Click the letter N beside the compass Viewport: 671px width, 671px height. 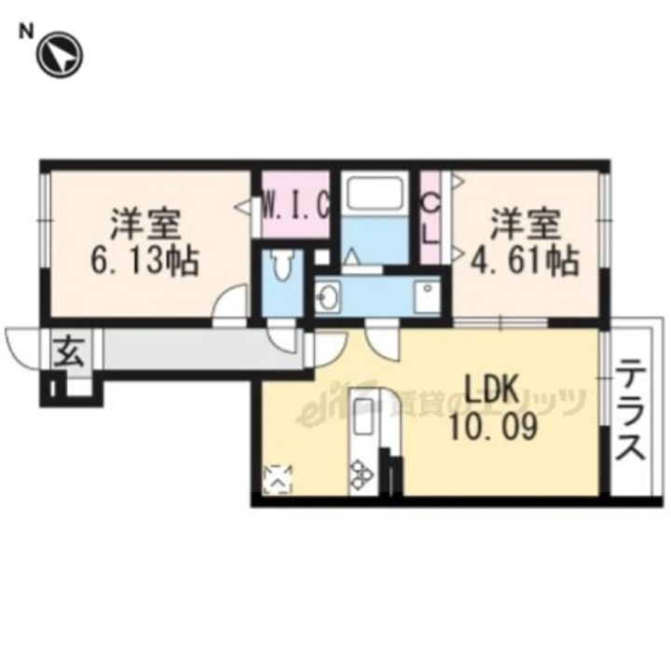tap(27, 32)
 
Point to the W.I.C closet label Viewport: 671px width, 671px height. tap(295, 204)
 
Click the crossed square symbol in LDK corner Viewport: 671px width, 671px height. tap(279, 479)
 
